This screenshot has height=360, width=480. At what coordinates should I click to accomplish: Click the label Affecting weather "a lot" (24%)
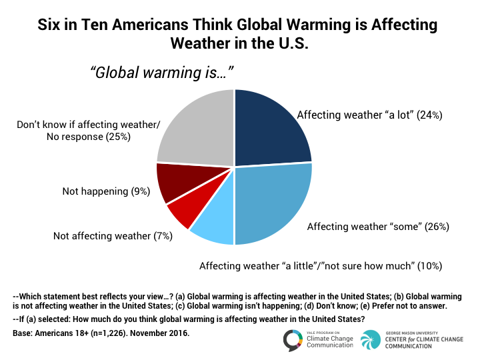coord(369,115)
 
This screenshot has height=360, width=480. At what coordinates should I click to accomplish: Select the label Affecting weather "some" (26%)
coord(378,227)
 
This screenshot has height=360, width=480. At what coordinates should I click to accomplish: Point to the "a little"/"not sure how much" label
coord(321,266)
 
